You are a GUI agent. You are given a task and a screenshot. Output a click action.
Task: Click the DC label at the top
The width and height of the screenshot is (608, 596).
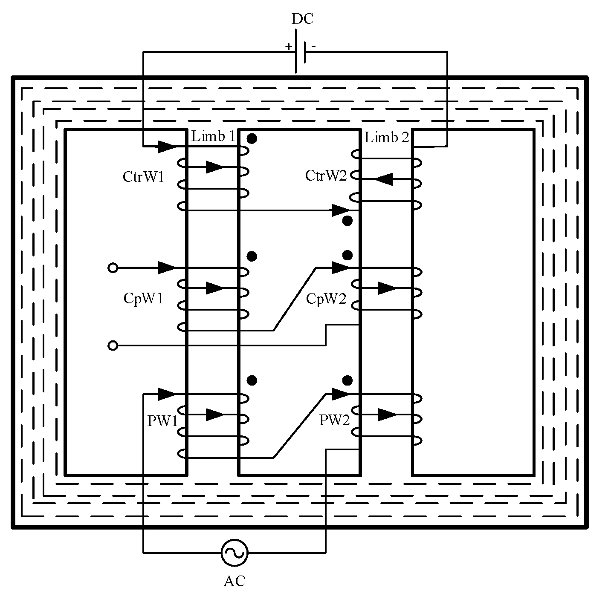coord(302,19)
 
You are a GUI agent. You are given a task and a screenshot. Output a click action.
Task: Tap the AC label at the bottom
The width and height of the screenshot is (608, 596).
coord(235,581)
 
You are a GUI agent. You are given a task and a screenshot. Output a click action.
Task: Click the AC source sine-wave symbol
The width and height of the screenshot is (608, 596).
coord(235,553)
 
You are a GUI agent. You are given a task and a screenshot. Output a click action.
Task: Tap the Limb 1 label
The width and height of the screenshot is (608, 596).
coord(213,136)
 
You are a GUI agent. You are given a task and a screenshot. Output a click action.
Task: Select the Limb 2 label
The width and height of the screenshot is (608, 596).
coord(387,137)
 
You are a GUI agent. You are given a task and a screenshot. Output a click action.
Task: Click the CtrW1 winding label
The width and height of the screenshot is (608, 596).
coord(143,177)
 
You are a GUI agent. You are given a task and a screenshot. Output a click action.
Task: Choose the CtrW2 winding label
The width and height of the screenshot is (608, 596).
coord(326,176)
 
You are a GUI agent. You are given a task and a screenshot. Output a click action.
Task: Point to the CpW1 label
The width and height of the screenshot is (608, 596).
coord(143,298)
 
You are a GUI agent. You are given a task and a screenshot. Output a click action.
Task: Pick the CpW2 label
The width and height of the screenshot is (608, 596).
coord(326,299)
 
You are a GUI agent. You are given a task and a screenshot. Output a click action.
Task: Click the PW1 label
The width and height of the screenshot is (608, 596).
coord(162,421)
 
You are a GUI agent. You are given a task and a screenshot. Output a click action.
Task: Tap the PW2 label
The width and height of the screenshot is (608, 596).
coord(334,420)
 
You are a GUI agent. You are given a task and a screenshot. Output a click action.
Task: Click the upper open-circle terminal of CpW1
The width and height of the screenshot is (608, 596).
coord(113,268)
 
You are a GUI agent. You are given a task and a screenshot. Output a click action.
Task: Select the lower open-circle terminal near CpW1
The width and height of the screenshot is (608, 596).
coord(113,346)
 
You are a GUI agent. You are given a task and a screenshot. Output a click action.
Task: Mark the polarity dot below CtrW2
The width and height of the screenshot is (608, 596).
coord(347,221)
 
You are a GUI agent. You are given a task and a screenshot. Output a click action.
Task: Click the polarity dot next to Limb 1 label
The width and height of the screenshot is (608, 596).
coord(252,138)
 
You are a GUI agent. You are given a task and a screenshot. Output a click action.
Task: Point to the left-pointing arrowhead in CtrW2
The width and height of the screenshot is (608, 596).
coord(384,179)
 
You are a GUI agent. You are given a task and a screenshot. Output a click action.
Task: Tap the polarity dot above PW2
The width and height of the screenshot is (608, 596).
coord(347,380)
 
